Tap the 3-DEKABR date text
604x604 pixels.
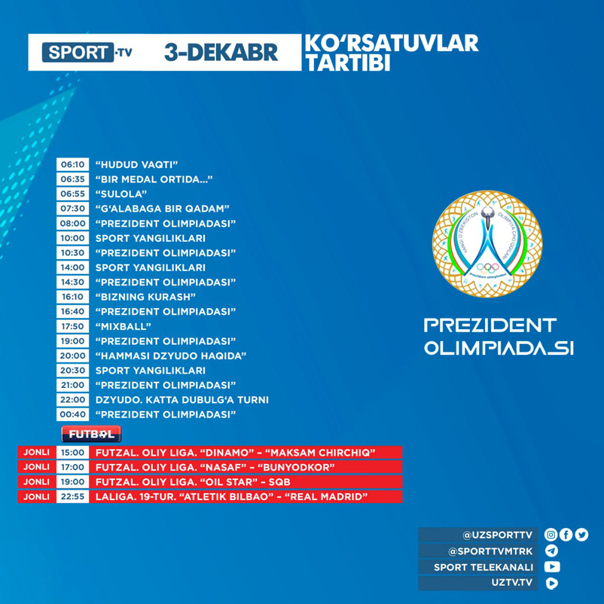pyautogui.click(x=221, y=53)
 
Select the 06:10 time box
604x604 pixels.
pyautogui.click(x=73, y=164)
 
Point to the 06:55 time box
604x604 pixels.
pyautogui.click(x=73, y=194)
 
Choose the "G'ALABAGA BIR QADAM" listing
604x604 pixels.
pyautogui.click(x=162, y=209)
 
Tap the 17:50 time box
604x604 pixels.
pyautogui.click(x=73, y=327)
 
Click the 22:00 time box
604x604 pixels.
pyautogui.click(x=73, y=400)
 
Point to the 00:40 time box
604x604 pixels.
pyautogui.click(x=73, y=415)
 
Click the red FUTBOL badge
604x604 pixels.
pyautogui.click(x=91, y=435)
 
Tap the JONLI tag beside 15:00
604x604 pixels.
pyautogui.click(x=36, y=453)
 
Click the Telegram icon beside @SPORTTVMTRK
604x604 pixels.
pyautogui.click(x=551, y=551)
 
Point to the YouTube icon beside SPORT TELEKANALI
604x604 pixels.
pyautogui.click(x=551, y=567)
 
